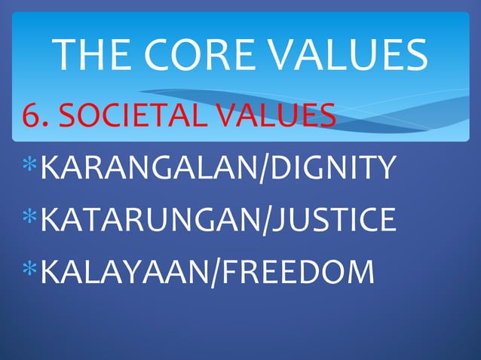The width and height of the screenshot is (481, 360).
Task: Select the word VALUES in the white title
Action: [354, 55]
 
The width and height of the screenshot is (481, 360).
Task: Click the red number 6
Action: [31, 117]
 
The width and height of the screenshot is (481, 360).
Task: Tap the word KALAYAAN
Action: [125, 272]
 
